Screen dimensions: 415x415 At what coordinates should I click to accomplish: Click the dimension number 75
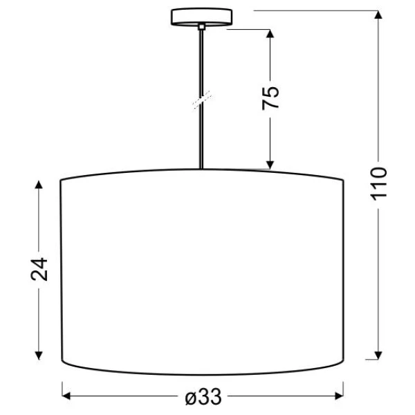[x=270, y=98]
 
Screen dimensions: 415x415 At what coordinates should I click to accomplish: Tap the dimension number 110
[x=378, y=184]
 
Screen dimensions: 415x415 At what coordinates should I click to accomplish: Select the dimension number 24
[x=39, y=270]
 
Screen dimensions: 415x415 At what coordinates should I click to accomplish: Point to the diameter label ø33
[x=203, y=397]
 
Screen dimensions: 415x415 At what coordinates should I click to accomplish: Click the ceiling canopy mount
[x=201, y=17]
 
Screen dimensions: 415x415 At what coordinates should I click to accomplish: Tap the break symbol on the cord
[x=203, y=100]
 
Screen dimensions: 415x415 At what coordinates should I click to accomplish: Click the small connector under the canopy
[x=201, y=27]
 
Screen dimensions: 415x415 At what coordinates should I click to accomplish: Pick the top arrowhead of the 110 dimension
[x=378, y=15]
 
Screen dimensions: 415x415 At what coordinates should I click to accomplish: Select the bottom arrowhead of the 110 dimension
[x=378, y=356]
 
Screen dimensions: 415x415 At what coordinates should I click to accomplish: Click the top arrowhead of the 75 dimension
[x=270, y=33]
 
